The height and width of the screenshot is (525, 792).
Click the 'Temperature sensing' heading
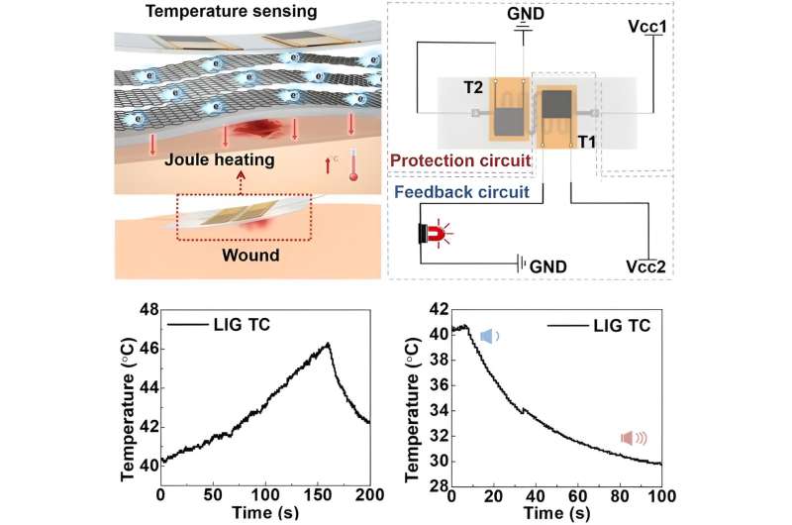coord(232,11)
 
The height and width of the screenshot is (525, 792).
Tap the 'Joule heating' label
coord(220,159)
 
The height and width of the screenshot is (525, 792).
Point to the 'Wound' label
coord(250,255)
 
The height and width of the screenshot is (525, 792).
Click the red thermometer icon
coord(353,164)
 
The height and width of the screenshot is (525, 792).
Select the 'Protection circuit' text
coord(460,160)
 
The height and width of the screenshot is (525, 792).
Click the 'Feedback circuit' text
coord(461,192)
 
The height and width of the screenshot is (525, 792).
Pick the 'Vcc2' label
coord(646,266)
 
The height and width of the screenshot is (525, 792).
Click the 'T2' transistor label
coord(473,88)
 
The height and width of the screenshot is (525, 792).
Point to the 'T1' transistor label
coord(586,142)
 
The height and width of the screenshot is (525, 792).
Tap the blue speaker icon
coord(489,336)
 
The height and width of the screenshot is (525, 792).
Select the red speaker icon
coord(634,438)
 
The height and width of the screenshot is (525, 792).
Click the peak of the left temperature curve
coord(329,344)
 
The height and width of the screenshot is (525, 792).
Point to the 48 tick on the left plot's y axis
coord(150,309)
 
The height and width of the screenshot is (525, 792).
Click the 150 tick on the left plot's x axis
coord(318,494)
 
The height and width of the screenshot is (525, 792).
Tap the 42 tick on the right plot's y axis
coord(438,309)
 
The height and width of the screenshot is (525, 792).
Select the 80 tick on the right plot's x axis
coord(620,495)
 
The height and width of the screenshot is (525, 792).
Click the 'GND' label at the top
coord(526,13)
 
